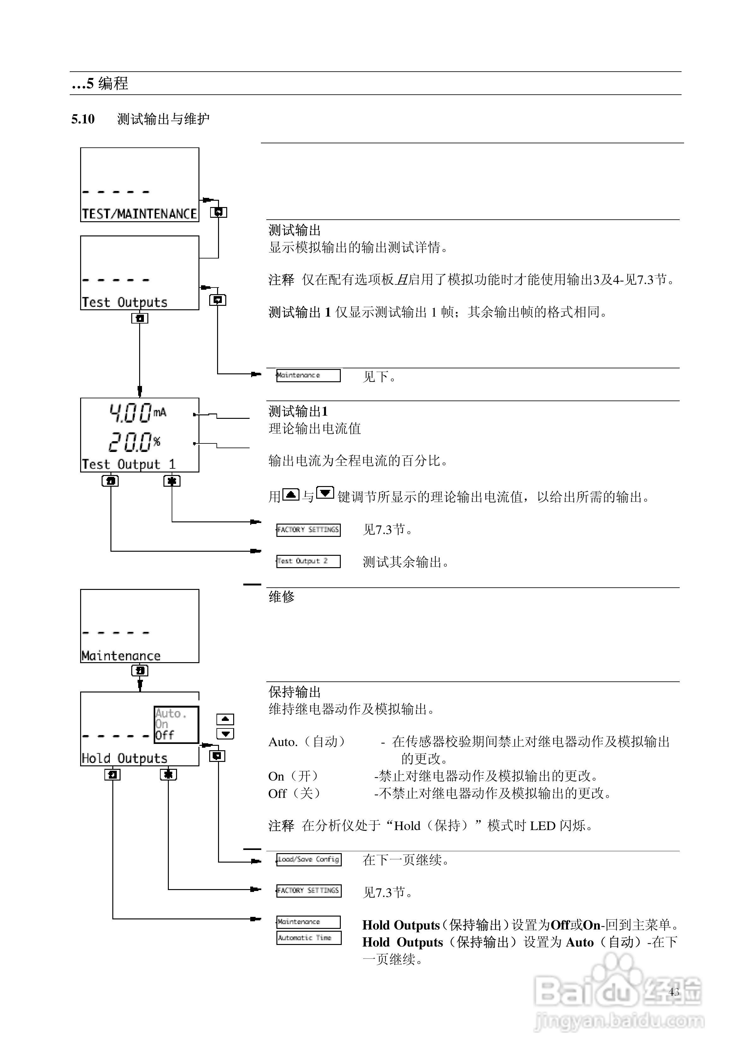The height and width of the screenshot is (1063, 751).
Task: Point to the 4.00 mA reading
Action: (137, 413)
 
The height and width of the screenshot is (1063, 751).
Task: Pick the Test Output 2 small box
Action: (308, 561)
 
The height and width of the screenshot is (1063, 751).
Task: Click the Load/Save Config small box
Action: (309, 859)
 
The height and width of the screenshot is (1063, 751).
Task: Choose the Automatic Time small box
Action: (309, 937)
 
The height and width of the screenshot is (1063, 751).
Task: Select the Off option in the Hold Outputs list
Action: (164, 735)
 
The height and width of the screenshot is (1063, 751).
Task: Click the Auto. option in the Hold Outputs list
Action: (170, 713)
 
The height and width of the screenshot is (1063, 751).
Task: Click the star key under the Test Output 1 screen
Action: (172, 481)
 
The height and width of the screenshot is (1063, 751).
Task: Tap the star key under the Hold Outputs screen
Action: (168, 774)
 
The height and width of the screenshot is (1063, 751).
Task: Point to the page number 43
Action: (674, 992)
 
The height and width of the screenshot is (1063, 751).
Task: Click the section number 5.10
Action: (83, 119)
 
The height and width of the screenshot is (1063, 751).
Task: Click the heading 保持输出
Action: (294, 692)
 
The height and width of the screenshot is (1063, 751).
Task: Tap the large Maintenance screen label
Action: (121, 656)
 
